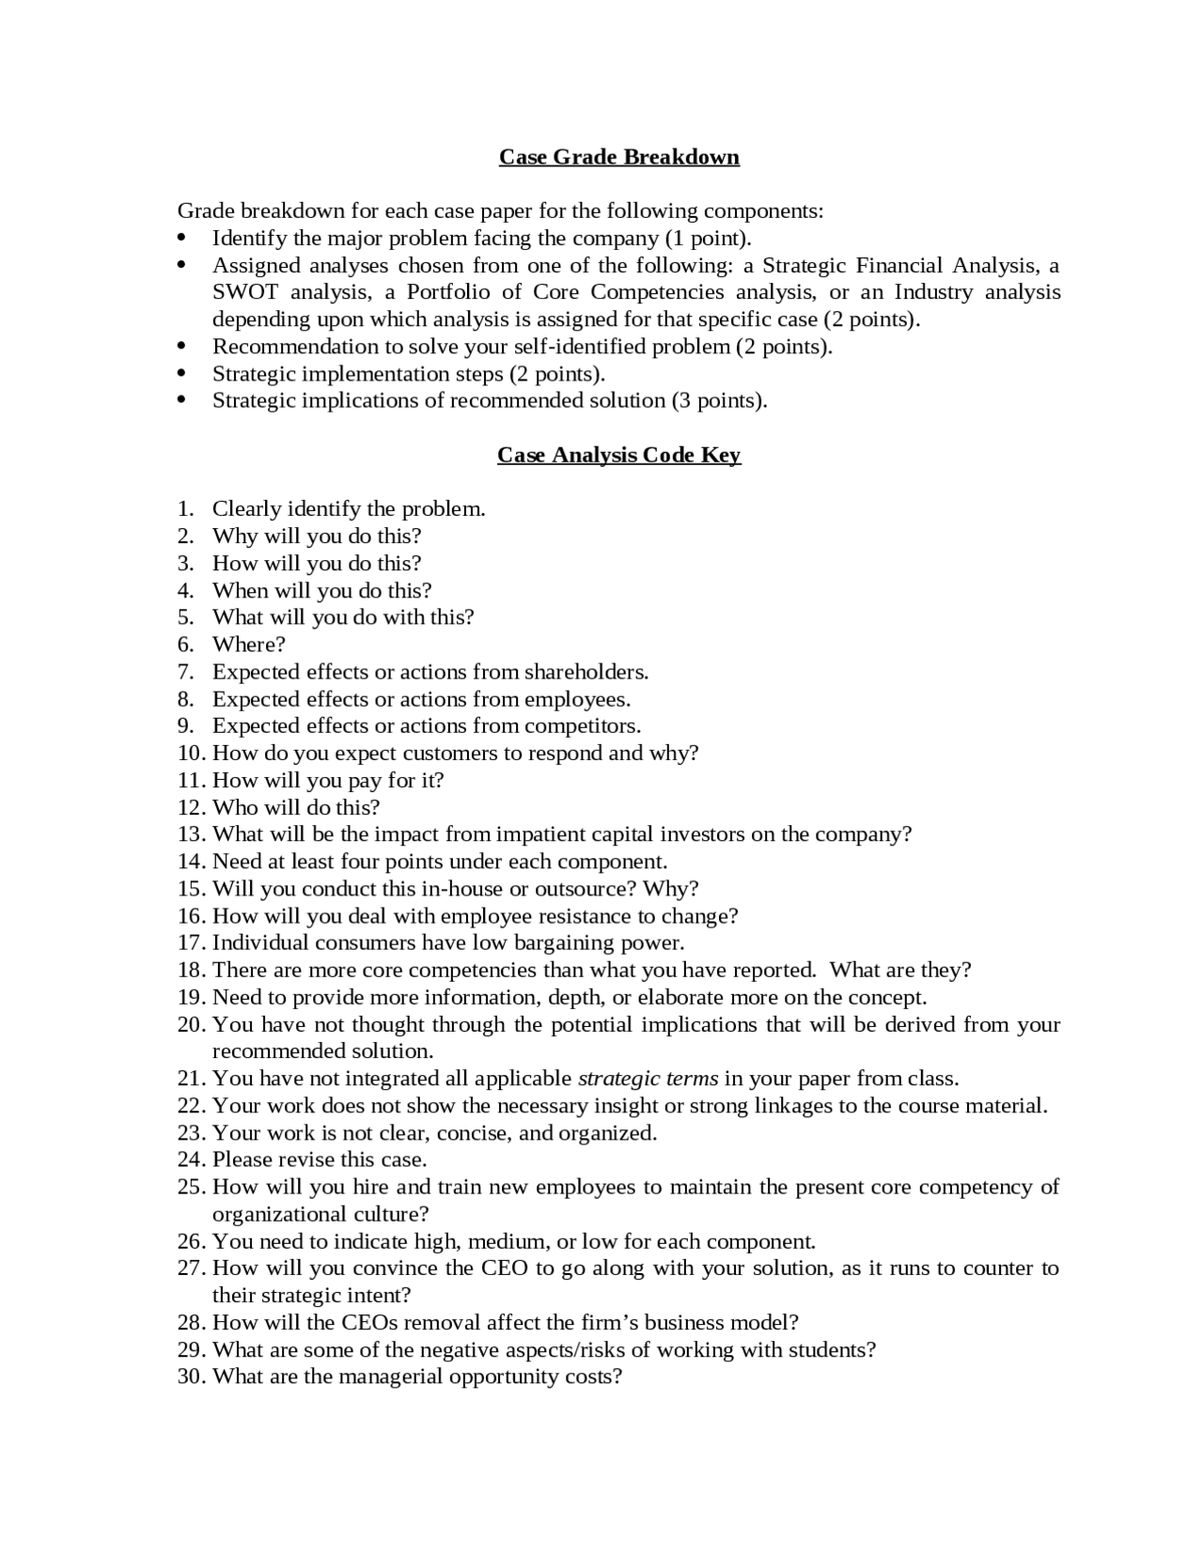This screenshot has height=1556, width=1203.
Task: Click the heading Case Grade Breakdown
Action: click(618, 157)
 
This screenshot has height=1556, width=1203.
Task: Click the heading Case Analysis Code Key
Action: click(618, 456)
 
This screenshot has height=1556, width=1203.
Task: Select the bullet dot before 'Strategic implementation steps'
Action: click(182, 374)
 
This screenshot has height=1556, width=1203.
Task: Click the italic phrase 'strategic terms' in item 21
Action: click(648, 1079)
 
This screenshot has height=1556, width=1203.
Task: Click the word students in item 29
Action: click(831, 1350)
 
